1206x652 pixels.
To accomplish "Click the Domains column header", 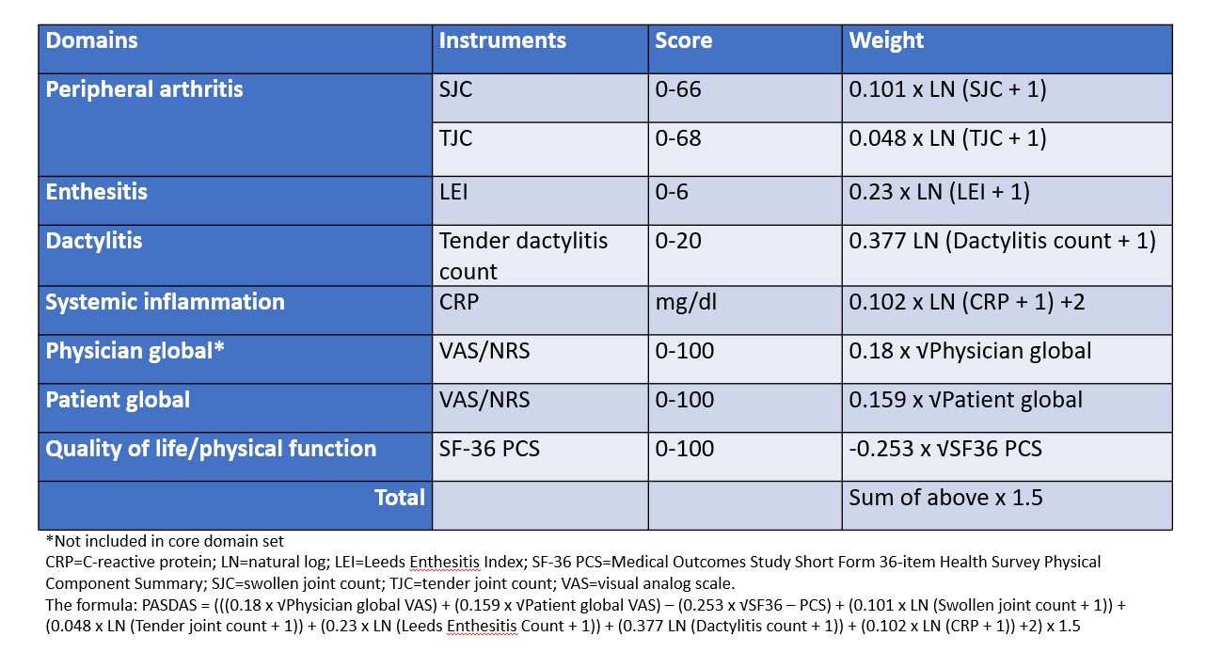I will (x=92, y=41).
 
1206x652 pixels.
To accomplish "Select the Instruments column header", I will (x=502, y=41).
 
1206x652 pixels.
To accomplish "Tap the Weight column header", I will (x=886, y=41).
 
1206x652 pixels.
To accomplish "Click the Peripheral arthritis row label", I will (x=145, y=90).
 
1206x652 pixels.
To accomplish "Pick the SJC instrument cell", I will (x=456, y=90).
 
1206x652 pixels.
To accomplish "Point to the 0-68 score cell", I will (x=678, y=138).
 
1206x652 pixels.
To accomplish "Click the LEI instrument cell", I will (x=455, y=192).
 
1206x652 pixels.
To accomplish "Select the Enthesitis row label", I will (x=97, y=192).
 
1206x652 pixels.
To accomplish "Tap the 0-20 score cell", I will (x=678, y=241).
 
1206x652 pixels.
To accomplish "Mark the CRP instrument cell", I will (x=457, y=302).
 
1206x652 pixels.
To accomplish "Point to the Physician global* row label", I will (x=135, y=351).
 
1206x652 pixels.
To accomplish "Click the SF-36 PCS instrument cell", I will (x=490, y=449).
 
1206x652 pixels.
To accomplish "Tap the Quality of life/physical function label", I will (x=212, y=449).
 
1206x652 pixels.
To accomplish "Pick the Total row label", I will (x=400, y=497).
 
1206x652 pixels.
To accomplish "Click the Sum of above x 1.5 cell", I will (x=945, y=497).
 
